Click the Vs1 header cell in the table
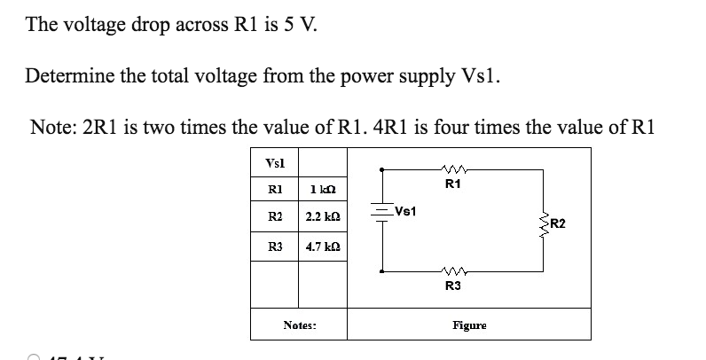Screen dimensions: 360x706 [275, 161]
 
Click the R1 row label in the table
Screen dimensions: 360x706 [275, 189]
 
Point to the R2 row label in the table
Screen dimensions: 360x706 [275, 217]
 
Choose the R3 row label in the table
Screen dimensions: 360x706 [275, 246]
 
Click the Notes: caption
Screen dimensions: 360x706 [299, 325]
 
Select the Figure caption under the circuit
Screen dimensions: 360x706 [469, 325]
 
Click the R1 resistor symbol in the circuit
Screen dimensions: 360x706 [452, 169]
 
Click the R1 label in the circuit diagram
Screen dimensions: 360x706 [452, 185]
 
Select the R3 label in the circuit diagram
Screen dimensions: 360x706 [452, 286]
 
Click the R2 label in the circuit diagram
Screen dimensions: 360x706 [559, 223]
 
